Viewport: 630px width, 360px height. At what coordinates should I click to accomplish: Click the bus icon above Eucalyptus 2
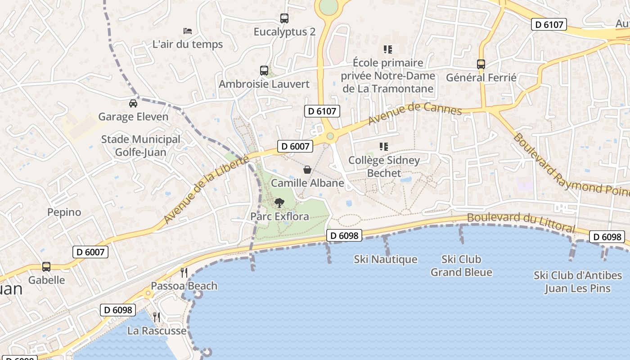click(x=284, y=18)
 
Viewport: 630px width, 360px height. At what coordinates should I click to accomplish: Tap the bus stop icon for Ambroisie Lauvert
click(x=264, y=71)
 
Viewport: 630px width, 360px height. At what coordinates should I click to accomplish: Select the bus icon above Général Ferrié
click(x=481, y=64)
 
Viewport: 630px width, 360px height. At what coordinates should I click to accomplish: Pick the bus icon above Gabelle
click(x=46, y=266)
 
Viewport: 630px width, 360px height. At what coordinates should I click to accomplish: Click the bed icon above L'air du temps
click(x=188, y=31)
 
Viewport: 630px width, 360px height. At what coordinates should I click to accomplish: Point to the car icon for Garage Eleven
click(x=133, y=103)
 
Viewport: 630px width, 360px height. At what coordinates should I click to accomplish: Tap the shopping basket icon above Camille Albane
click(x=307, y=170)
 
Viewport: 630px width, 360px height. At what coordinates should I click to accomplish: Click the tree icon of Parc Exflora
click(x=279, y=203)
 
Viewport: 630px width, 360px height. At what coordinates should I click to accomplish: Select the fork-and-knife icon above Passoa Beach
click(x=184, y=272)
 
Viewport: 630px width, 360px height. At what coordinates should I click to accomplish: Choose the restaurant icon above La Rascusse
click(x=157, y=317)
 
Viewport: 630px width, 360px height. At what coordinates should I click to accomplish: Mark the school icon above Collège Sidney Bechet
click(x=384, y=146)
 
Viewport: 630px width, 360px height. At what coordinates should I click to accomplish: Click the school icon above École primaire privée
click(x=388, y=49)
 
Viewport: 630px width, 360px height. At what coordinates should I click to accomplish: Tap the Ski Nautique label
click(x=386, y=260)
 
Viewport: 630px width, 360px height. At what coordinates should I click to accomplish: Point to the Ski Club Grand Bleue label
click(x=461, y=266)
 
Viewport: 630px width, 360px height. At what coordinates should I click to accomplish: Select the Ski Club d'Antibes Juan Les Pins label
click(x=578, y=282)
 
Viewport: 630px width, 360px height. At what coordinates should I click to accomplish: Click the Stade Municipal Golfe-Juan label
click(x=140, y=146)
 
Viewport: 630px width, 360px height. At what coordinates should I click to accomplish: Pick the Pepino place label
click(x=64, y=212)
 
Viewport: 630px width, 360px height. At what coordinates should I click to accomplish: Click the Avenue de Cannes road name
click(x=415, y=113)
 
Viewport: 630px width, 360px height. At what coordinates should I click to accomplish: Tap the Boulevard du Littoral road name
click(x=521, y=222)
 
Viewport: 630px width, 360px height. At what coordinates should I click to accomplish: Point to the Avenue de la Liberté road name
click(x=206, y=189)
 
